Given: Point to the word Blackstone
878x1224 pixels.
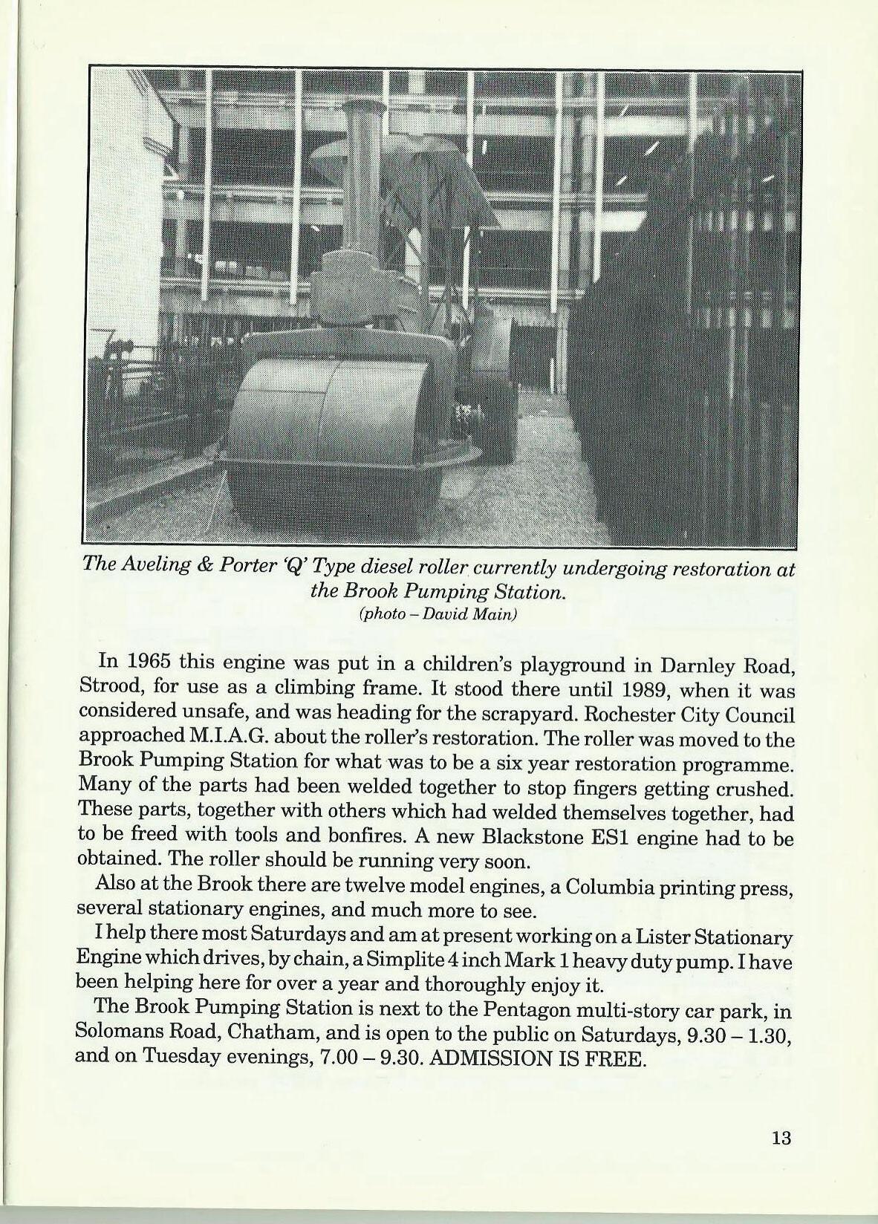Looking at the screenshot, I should [x=527, y=838].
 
